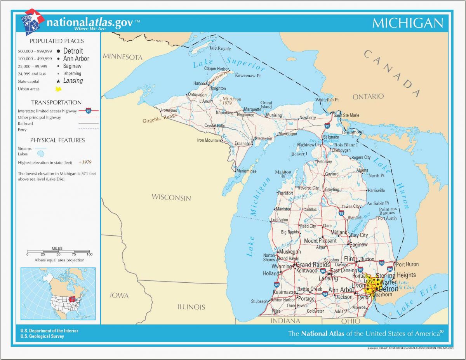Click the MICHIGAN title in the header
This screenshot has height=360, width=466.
pos(407,23)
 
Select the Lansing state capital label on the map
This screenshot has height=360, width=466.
pos(329,278)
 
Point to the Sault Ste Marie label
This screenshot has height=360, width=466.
pos(347,115)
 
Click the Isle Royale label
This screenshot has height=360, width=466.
pos(220,49)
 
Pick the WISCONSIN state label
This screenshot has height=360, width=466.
pos(171,197)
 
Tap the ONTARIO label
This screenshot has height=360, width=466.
pos(368,96)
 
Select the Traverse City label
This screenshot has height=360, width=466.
pos(308,188)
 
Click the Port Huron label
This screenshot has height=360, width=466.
pos(407,264)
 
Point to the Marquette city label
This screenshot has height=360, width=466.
pos(252,110)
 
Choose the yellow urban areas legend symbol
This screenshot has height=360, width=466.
pos(58,89)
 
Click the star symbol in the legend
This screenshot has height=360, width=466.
pos(58,81)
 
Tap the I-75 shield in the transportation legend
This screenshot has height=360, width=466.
pos(89,111)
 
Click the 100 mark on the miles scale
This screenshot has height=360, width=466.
pos(89,254)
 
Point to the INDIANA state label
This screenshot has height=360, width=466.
pos(285,321)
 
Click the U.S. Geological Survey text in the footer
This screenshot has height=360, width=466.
pos(42,336)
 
